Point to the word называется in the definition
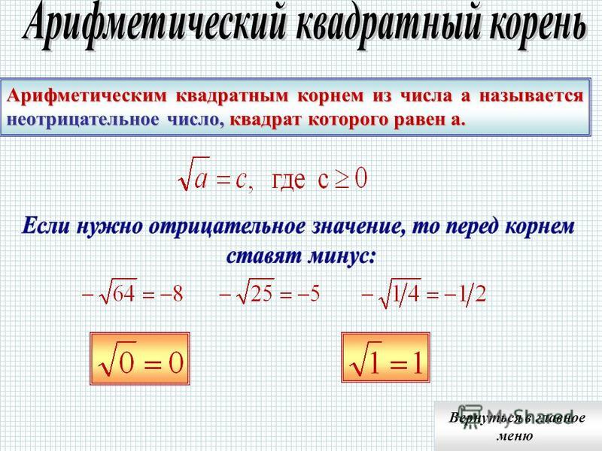[531, 95]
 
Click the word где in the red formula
[288, 180]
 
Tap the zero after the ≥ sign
[361, 178]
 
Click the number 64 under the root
[124, 294]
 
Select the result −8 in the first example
[172, 294]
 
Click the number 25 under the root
[261, 294]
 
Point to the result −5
[308, 294]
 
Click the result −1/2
[465, 295]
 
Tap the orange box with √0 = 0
[140, 359]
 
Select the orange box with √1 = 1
[385, 358]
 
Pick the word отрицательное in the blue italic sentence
[227, 227]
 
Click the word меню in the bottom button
[515, 436]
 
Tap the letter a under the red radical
[200, 180]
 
